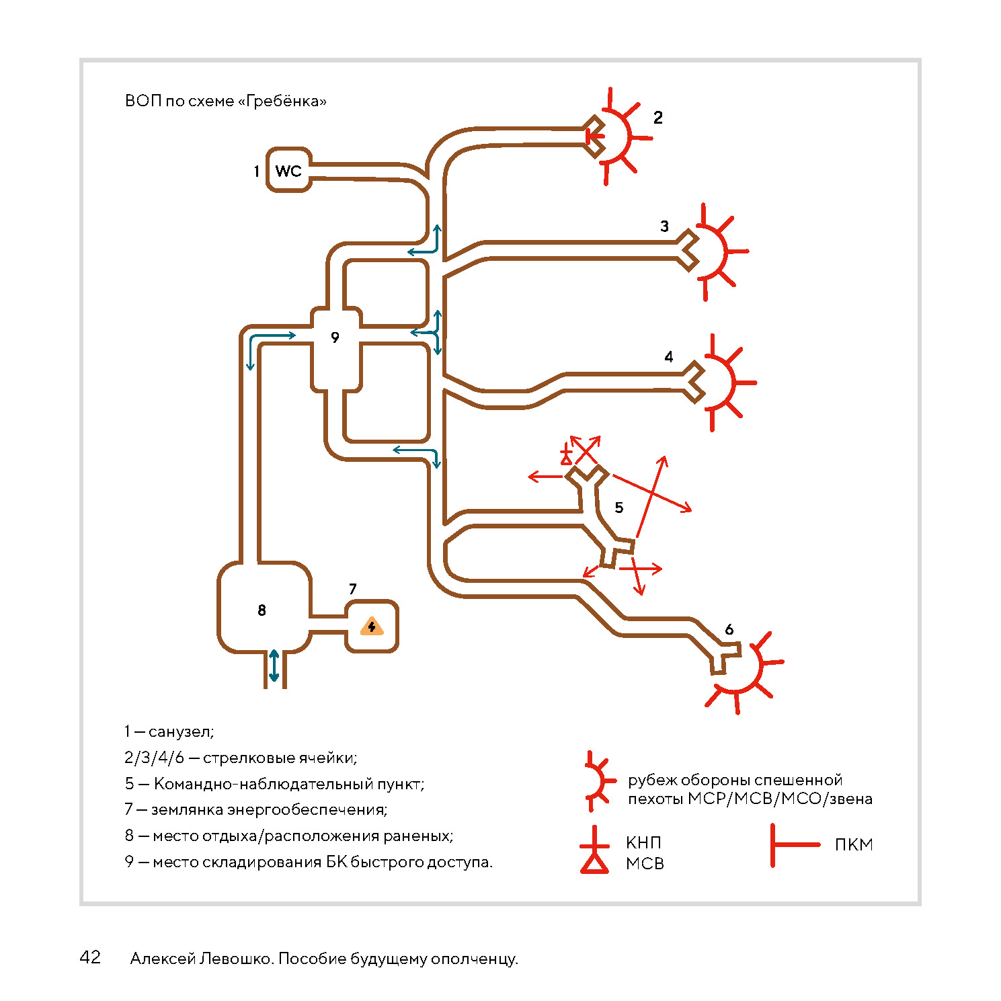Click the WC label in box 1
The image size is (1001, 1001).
click(288, 171)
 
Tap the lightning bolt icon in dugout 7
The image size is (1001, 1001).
click(372, 627)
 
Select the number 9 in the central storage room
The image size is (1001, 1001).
click(335, 337)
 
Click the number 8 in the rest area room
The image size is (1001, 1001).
click(262, 610)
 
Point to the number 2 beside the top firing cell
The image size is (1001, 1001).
click(658, 118)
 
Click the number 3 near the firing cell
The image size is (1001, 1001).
click(664, 227)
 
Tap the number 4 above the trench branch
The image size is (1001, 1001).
click(669, 357)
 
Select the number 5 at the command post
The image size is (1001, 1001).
click(619, 508)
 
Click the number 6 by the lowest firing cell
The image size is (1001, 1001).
click(729, 630)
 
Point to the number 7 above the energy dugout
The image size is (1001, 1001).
click(353, 589)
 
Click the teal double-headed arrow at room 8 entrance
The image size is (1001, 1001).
click(274, 666)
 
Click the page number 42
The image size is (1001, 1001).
click(90, 957)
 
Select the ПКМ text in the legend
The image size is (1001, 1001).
click(854, 845)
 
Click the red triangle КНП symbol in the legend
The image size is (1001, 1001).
click(594, 862)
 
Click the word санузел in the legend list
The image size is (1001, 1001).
click(180, 731)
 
